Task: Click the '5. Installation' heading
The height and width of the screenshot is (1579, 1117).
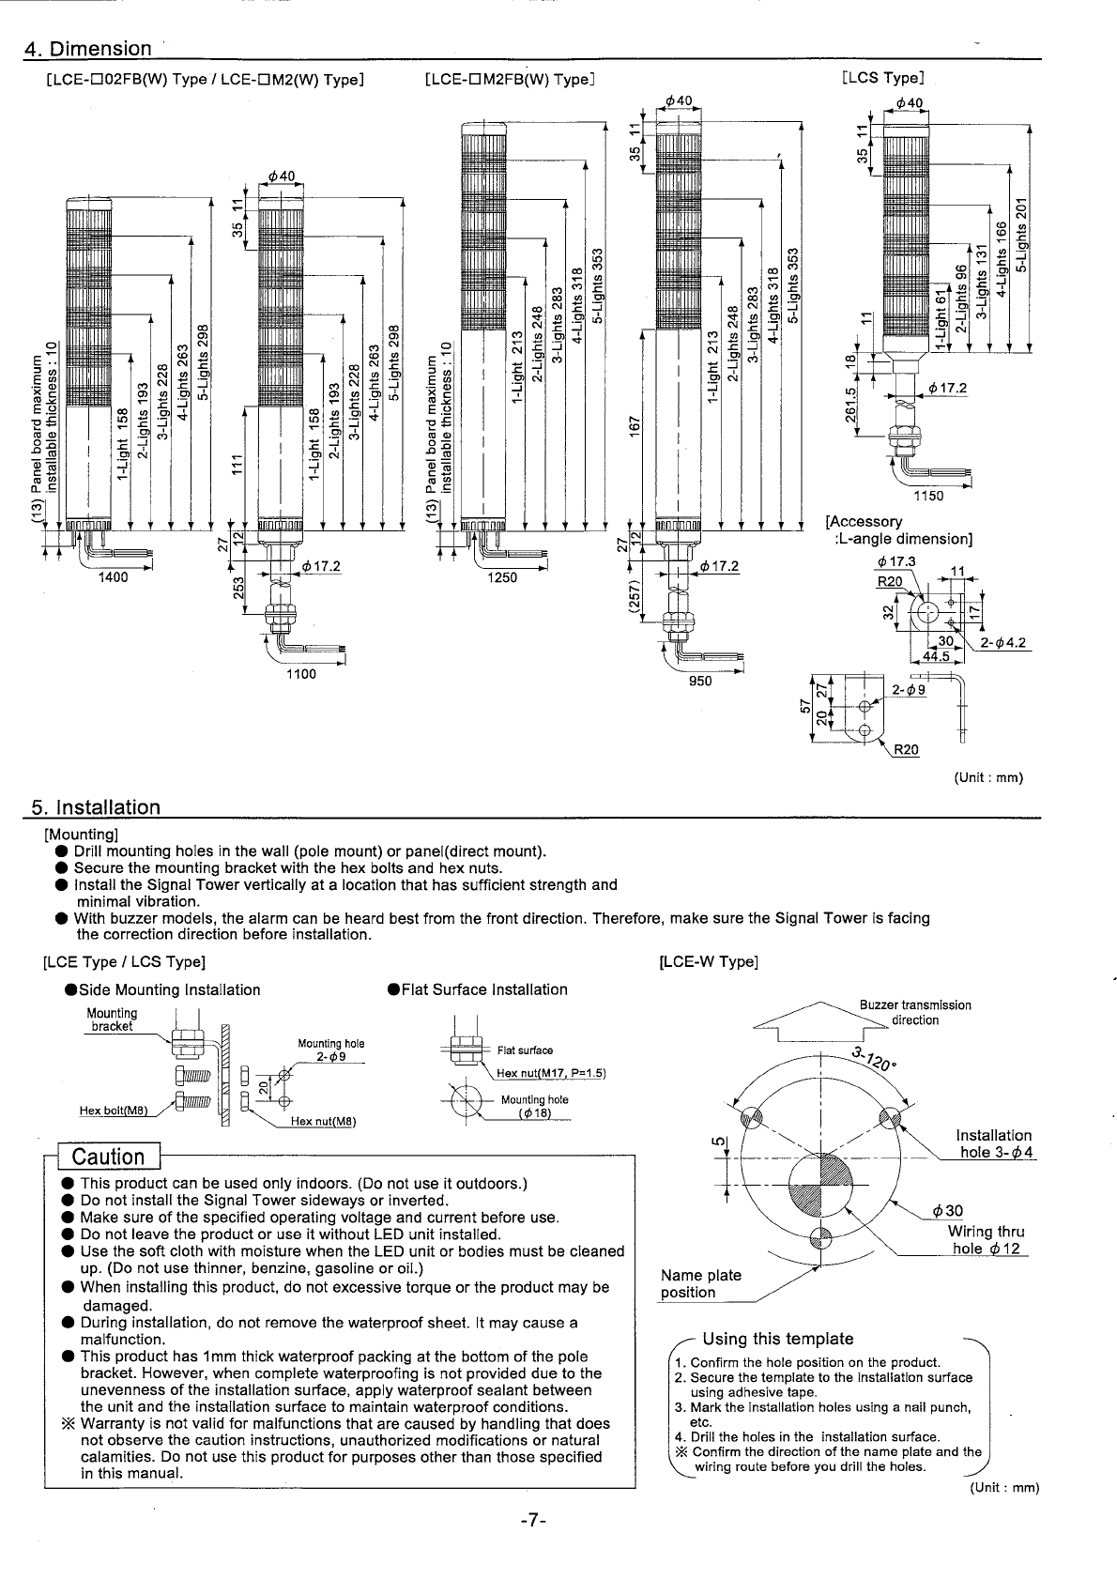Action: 96,807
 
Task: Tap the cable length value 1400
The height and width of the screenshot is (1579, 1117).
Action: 114,578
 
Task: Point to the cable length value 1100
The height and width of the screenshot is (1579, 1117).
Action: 301,674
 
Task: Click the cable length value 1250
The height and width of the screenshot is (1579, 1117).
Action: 502,578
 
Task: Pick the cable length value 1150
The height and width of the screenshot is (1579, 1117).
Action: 928,497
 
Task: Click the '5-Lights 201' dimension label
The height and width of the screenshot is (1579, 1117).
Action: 1022,236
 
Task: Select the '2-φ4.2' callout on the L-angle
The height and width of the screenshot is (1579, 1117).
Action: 1003,643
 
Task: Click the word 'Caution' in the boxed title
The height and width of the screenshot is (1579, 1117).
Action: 109,1157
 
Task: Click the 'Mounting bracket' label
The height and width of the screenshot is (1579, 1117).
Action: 112,1019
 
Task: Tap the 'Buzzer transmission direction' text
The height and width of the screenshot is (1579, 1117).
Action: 915,1012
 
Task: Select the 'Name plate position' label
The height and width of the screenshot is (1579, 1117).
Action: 700,1283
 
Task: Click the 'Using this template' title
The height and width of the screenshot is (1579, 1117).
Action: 777,1339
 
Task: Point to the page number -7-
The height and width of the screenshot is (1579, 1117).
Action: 531,1522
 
